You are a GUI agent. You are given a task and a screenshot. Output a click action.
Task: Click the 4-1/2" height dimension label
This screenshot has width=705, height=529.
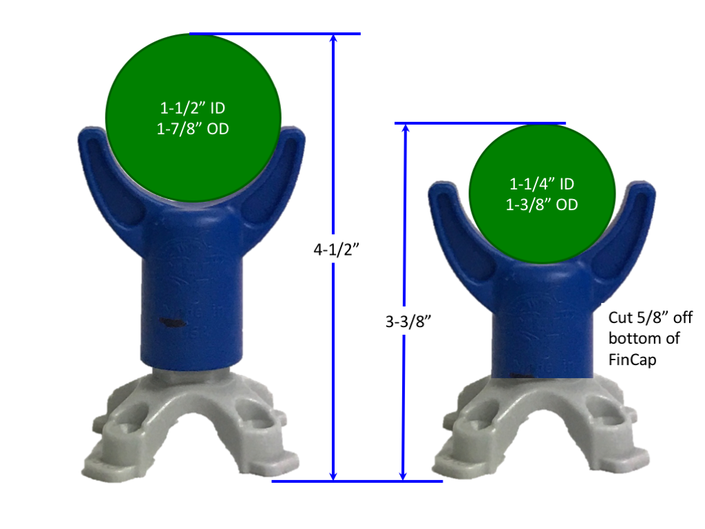336,249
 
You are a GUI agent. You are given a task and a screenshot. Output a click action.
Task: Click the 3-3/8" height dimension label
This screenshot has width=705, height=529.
408,321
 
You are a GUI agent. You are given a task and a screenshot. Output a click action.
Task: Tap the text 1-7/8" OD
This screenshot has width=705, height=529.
193,129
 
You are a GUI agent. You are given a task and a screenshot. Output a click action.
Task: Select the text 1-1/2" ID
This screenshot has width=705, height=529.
193,108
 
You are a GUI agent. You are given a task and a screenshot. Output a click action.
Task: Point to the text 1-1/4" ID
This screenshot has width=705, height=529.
542,183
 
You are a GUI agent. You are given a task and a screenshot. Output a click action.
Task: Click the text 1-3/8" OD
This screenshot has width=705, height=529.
542,205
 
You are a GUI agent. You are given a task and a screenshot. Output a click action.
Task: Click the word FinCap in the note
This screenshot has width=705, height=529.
632,360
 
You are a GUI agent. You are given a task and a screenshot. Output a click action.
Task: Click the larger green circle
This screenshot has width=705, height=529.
193,118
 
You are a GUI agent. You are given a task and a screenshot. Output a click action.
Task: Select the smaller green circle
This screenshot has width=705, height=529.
543,194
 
